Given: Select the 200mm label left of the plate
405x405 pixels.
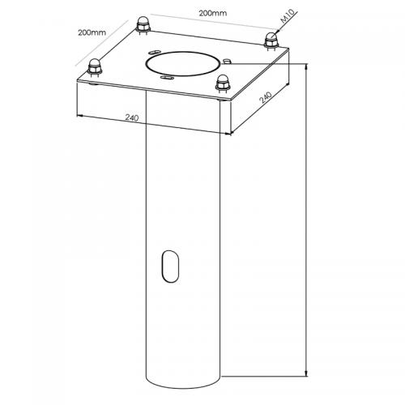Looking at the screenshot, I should click(92, 32).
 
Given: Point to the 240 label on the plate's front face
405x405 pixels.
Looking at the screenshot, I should click(132, 118).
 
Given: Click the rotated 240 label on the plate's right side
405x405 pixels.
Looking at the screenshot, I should click(264, 96).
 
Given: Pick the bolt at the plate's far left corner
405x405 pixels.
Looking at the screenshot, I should click(96, 66).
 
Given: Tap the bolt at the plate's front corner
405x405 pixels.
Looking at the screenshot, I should click(222, 82).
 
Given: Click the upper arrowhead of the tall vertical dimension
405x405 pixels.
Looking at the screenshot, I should click(305, 67).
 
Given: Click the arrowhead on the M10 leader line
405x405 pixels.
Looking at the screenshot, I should click(275, 33).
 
